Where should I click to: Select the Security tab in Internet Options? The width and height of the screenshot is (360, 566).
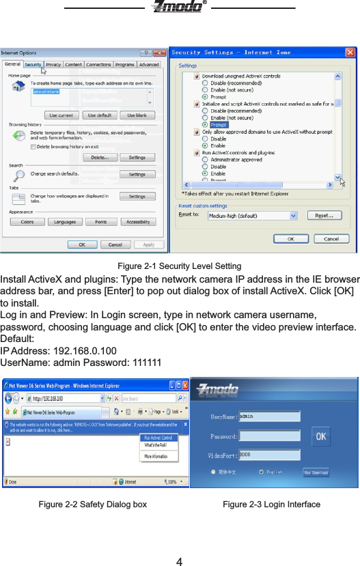[x=33, y=65]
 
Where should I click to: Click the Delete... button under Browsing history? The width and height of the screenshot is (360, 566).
[x=100, y=157]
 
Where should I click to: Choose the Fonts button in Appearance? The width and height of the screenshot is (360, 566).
[x=100, y=222]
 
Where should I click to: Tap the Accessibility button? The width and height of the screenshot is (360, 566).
[x=137, y=222]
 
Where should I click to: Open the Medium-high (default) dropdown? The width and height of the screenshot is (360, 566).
[x=253, y=216]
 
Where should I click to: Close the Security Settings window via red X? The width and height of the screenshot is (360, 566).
[x=350, y=52]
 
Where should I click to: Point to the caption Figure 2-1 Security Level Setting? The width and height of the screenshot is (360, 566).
[x=179, y=266]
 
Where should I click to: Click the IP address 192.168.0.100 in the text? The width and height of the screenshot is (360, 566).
[x=87, y=351]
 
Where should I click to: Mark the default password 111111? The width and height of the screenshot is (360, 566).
[x=146, y=363]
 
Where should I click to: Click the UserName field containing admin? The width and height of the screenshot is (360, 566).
[x=269, y=416]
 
